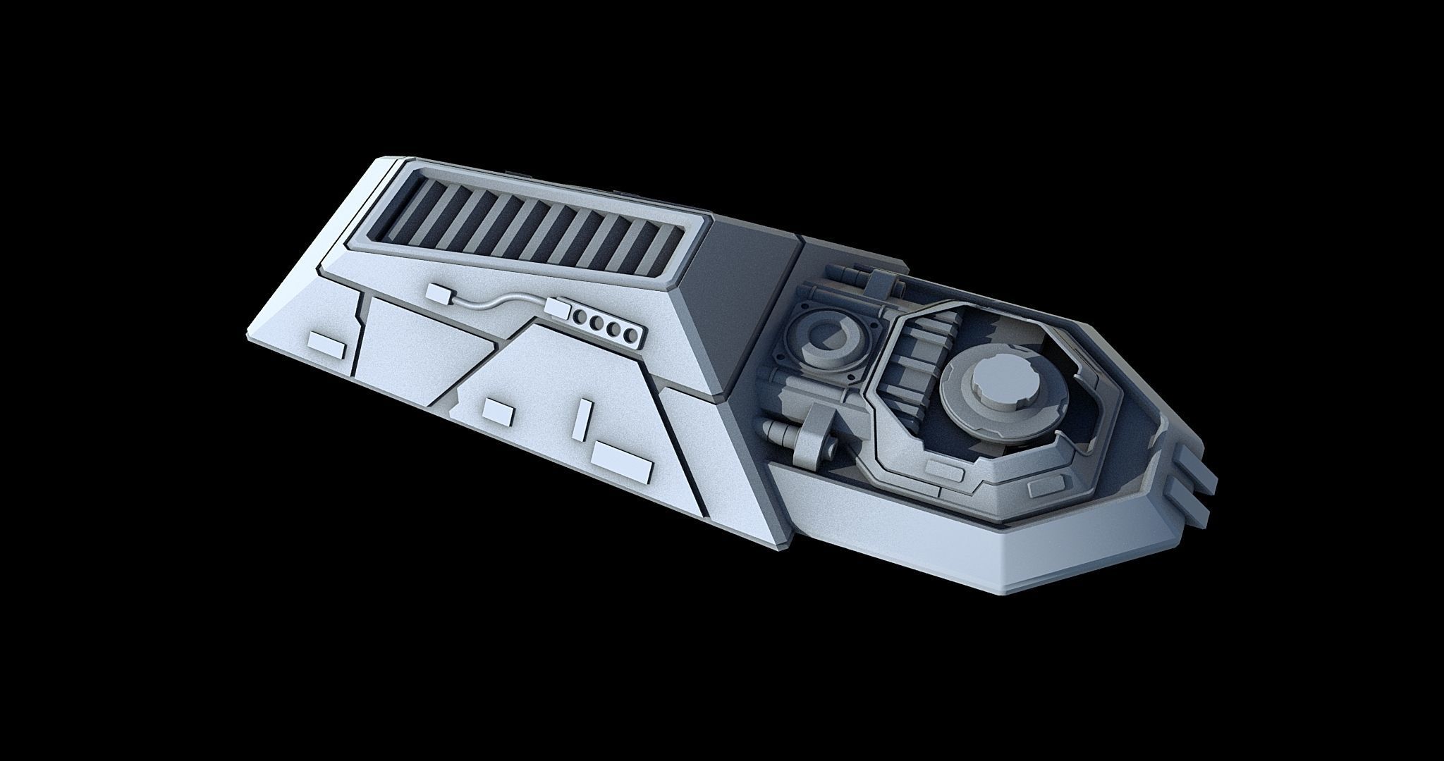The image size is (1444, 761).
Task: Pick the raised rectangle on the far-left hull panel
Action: (327, 342)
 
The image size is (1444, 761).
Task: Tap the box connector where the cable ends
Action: (558, 307)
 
